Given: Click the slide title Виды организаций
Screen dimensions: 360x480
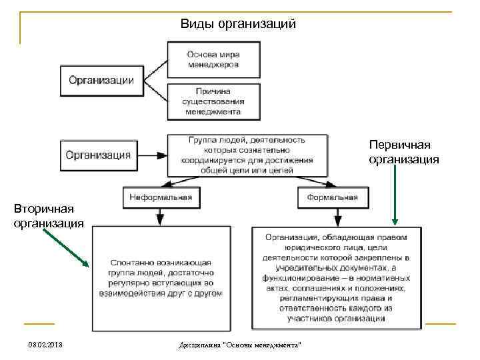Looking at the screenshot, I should pyautogui.click(x=238, y=25).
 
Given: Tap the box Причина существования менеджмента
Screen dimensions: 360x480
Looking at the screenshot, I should pyautogui.click(x=213, y=101).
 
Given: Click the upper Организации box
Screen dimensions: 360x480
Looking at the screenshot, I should pyautogui.click(x=101, y=80).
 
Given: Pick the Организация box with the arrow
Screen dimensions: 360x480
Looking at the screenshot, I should pyautogui.click(x=98, y=155).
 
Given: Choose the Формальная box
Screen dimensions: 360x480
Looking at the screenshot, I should pyautogui.click(x=332, y=197).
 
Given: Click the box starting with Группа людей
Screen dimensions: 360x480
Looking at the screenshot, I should pyautogui.click(x=246, y=155).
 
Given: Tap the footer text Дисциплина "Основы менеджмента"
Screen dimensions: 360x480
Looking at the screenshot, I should pyautogui.click(x=240, y=344).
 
